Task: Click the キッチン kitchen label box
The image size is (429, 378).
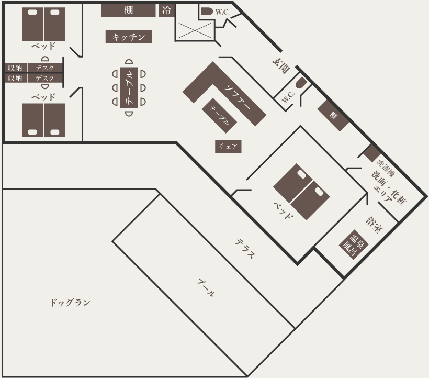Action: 129,37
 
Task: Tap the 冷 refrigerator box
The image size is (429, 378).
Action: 166,10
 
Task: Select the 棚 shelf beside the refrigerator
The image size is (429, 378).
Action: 128,10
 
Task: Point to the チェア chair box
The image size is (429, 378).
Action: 228,147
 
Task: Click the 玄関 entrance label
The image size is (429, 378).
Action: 281,65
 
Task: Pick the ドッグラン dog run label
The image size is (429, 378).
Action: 70,303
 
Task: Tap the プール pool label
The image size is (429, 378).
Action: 206,287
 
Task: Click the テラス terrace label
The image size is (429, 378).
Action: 245,249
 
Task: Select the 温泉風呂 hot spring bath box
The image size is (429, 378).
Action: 354,244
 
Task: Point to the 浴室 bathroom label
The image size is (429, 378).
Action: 374,225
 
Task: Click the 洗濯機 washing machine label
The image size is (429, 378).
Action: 386,168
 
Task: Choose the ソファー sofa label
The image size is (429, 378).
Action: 238,97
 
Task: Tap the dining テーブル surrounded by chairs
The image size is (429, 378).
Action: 129,87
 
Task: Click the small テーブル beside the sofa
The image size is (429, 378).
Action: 219,116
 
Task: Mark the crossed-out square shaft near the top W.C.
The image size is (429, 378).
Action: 195,31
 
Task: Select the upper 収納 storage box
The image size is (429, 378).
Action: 16,68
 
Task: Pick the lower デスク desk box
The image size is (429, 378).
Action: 45,79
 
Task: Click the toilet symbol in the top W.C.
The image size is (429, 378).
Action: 207,12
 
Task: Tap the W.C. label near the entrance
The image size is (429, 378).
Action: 288,97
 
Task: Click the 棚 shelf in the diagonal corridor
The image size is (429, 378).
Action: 333,116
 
